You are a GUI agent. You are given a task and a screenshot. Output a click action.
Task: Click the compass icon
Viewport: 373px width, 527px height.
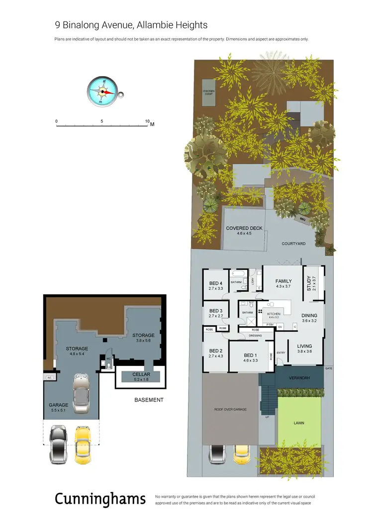(x=104, y=91)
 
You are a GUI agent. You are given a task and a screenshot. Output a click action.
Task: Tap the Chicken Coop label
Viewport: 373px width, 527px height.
(x=208, y=92)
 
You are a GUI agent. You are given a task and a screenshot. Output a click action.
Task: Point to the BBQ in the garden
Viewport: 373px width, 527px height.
(x=302, y=219)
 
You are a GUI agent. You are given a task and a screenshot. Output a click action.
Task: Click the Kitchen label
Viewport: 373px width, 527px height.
(x=274, y=314)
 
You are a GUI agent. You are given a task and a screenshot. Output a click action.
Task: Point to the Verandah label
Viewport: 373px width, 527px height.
(x=299, y=378)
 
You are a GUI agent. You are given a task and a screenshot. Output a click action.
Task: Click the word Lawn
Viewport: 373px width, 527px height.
(x=298, y=423)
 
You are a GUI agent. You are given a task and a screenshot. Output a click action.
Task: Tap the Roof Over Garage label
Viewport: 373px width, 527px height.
(x=230, y=409)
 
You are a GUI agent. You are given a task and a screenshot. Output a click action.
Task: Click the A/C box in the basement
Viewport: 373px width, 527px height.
(x=49, y=377)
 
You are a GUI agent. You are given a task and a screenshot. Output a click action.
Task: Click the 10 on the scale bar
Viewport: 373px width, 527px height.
(x=147, y=121)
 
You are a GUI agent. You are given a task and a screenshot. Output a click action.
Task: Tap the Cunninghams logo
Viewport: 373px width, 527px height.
(x=100, y=498)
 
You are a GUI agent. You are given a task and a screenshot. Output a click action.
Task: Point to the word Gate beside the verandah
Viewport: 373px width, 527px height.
(x=328, y=368)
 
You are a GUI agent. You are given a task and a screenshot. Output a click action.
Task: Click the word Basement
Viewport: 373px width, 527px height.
(x=149, y=400)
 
